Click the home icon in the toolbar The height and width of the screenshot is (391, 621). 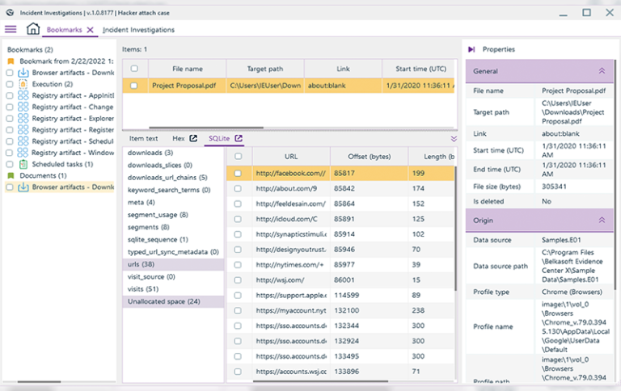click(32, 30)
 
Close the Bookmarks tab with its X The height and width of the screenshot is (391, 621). click(91, 30)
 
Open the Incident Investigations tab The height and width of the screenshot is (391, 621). click(138, 30)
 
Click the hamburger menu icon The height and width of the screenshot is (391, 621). click(11, 30)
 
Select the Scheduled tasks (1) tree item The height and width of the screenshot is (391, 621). click(62, 164)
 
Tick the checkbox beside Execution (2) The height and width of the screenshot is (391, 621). click(10, 84)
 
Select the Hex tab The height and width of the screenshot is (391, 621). click(179, 138)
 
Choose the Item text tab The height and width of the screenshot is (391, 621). click(144, 138)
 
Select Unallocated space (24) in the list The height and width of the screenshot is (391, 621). click(164, 301)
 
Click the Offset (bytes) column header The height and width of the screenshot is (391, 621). click(369, 156)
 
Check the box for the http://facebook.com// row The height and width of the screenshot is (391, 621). click(238, 173)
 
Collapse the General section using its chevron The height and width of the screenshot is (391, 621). click(602, 71)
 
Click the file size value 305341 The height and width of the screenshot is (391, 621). click(556, 187)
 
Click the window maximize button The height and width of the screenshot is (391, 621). click(586, 11)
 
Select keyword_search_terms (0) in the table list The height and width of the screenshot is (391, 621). click(168, 190)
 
